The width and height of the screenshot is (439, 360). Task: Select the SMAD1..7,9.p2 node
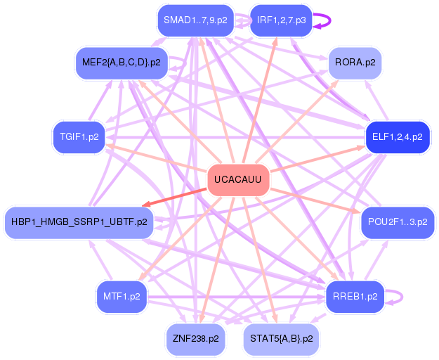[x=195, y=20]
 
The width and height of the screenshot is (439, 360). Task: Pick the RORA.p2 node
[x=355, y=63]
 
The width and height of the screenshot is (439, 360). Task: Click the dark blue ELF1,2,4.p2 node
[x=397, y=136]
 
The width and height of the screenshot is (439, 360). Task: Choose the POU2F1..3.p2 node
[x=397, y=222]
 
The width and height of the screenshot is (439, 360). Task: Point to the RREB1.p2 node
[x=355, y=296]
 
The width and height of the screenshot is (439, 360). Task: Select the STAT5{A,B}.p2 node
[x=280, y=339]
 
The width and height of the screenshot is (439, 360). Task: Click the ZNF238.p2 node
[x=195, y=339]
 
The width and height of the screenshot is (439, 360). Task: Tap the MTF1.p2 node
[x=122, y=296]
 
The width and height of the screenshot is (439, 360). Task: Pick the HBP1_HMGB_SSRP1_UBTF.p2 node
[x=79, y=222]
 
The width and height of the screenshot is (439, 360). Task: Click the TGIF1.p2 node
[x=79, y=136]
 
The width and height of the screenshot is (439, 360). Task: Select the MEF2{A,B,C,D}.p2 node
[x=121, y=63]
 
